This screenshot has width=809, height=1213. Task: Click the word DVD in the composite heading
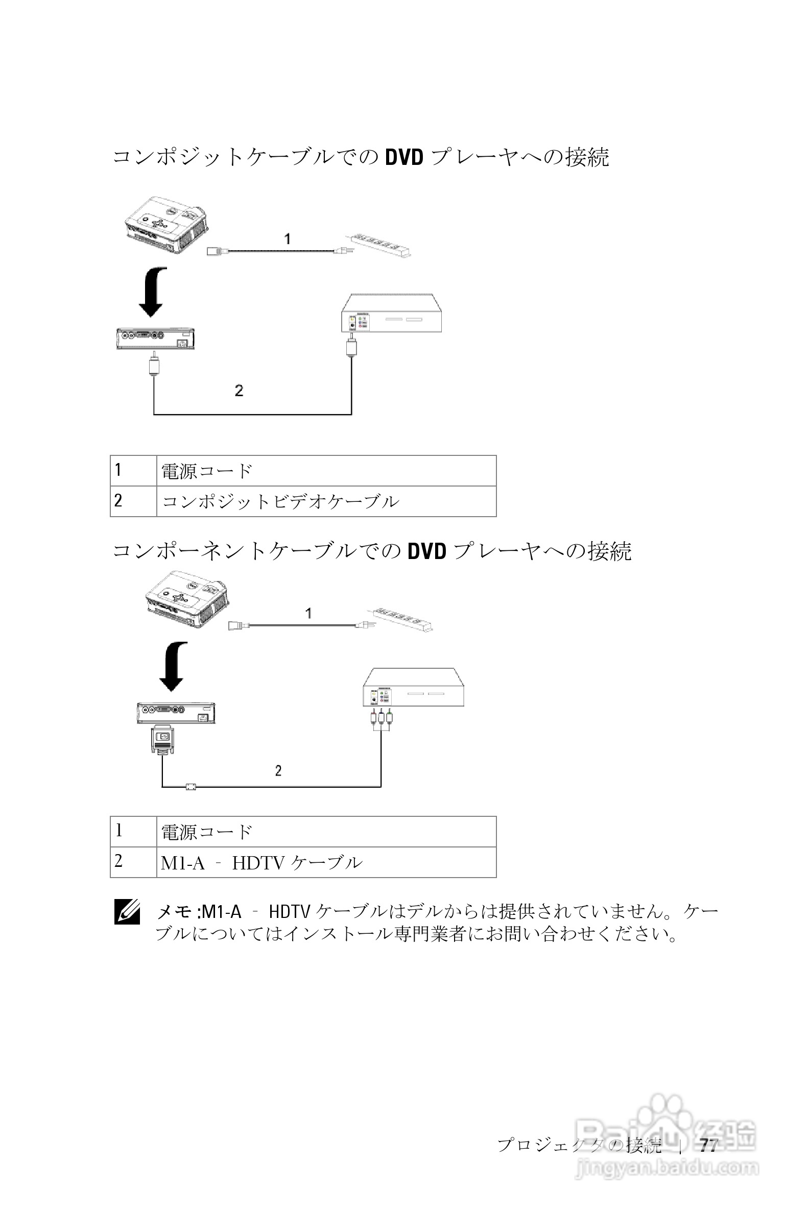coord(404,157)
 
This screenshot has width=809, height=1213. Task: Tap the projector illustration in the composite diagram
coord(166,225)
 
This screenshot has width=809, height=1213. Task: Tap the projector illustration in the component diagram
coord(187,599)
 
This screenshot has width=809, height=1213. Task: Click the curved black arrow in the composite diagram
coord(153,292)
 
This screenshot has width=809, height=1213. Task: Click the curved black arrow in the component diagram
coord(173,666)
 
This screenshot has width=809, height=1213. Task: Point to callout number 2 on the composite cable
coord(239,391)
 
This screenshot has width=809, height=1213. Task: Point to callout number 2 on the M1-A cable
coord(278,770)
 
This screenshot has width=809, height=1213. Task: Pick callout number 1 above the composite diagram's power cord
coord(288,239)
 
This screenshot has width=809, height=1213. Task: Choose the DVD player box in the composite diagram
coord(392,314)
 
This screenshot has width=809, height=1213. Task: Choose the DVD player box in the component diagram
coord(413,688)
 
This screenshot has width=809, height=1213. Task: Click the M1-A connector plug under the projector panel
coord(162,741)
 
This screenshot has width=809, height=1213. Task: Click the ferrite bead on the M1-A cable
coord(191,787)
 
